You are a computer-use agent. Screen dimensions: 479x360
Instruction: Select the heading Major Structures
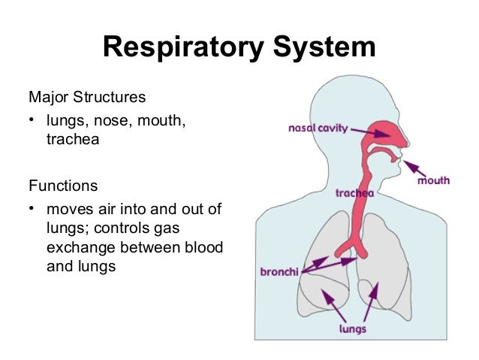[86, 98]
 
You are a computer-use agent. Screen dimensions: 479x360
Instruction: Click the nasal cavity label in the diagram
[318, 129]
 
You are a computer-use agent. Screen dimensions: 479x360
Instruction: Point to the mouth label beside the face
[433, 180]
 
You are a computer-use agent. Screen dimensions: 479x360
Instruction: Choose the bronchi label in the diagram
[278, 271]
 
